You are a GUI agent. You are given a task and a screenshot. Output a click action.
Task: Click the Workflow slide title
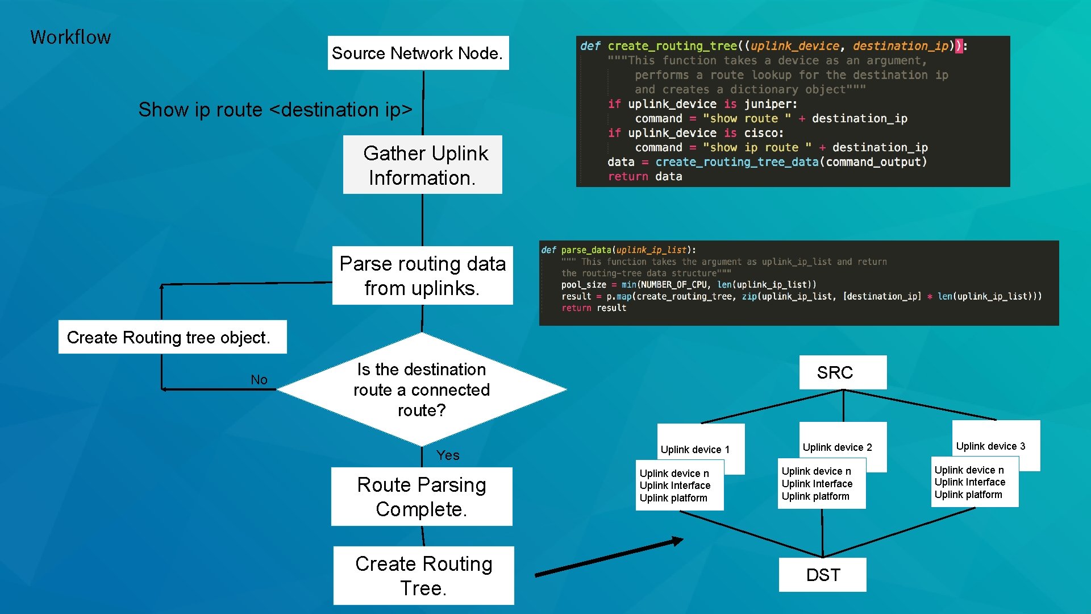70,38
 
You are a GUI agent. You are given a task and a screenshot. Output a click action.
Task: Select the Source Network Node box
418,53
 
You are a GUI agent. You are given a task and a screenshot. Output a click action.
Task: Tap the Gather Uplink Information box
422,165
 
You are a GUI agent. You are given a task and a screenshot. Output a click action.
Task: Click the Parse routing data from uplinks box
422,276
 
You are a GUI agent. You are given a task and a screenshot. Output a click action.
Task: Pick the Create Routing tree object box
172,337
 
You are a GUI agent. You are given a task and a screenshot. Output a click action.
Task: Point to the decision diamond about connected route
421,389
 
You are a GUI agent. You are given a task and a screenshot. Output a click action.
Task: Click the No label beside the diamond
259,380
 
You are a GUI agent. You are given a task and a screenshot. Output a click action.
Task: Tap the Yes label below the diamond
448,455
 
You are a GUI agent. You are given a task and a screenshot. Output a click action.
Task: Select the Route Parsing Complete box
422,497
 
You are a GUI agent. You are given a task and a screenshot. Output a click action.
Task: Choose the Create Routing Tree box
423,575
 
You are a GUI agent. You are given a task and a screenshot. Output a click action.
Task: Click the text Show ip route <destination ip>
275,109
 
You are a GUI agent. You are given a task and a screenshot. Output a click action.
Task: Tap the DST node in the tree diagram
822,575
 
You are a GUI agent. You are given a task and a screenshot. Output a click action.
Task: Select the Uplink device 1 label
695,449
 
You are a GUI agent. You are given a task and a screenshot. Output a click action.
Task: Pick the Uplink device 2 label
837,447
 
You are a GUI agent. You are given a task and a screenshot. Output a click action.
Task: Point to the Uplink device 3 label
990,446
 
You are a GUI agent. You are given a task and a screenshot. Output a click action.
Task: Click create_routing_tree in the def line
672,46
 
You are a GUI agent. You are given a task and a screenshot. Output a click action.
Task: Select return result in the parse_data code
594,308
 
